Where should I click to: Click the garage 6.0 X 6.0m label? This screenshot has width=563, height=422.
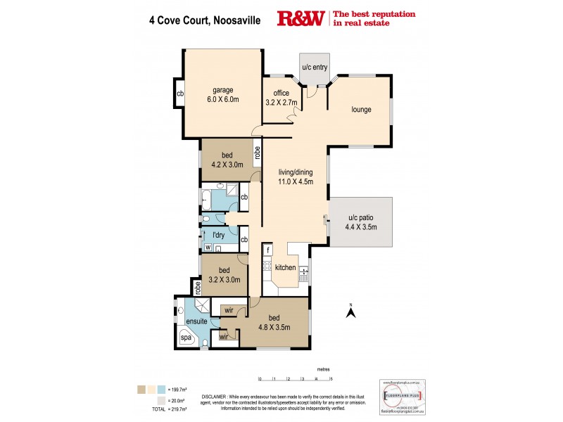(x=223, y=94)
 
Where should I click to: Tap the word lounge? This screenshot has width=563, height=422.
(x=362, y=109)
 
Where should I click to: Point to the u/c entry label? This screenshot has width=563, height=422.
(x=314, y=67)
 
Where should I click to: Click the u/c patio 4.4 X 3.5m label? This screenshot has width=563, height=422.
(x=361, y=222)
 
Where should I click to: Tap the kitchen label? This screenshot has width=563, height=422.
(x=285, y=268)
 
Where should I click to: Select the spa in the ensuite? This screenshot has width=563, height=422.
(x=186, y=338)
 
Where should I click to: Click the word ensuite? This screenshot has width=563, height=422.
(x=196, y=321)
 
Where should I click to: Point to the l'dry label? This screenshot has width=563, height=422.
(x=209, y=236)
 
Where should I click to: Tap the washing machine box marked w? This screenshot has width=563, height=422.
(x=208, y=247)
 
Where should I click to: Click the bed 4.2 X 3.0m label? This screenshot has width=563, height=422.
(x=227, y=160)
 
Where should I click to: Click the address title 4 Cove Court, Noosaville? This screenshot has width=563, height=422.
(x=204, y=21)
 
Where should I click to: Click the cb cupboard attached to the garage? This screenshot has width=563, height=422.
(x=180, y=93)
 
